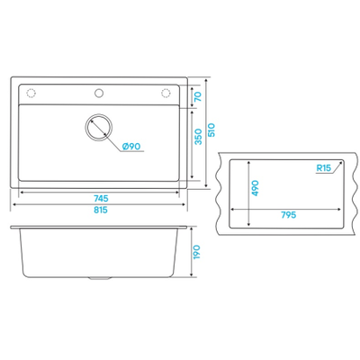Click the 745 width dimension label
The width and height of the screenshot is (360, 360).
(x=101, y=199)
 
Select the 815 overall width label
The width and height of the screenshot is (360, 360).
(x=101, y=210)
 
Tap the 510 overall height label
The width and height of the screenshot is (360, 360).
(x=211, y=130)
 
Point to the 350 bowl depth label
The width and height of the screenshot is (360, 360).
(x=198, y=137)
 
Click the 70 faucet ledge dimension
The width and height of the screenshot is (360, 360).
(x=198, y=96)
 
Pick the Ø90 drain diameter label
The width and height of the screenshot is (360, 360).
(x=131, y=147)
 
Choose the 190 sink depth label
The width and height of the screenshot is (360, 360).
(x=196, y=252)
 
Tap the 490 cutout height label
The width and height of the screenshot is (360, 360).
(x=255, y=188)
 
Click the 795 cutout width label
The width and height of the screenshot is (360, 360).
(x=289, y=215)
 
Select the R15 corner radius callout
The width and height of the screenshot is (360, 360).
(x=323, y=168)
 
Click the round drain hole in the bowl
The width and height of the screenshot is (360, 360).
(x=99, y=127)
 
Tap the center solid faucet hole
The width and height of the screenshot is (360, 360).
(x=99, y=93)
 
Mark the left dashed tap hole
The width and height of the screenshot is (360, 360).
(x=31, y=94)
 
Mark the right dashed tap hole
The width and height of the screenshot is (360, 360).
(x=166, y=94)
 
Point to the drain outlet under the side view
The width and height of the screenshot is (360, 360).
(x=99, y=279)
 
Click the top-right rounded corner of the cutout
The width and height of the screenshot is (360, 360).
(x=342, y=161)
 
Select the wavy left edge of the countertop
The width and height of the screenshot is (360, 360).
(x=219, y=193)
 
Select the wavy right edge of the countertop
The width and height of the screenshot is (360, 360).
(x=355, y=193)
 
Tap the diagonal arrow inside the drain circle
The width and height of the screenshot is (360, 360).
(x=99, y=127)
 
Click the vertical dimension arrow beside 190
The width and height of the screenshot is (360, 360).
(x=191, y=252)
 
